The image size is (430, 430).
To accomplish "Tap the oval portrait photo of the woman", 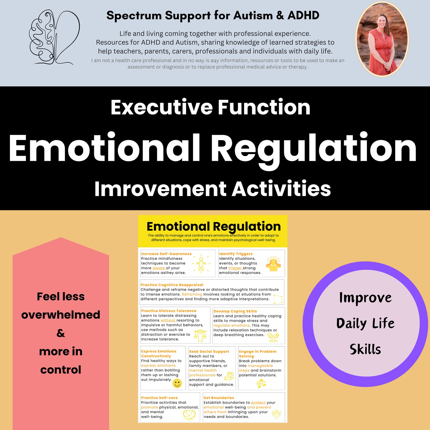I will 382,39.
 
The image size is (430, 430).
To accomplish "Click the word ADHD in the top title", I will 303,15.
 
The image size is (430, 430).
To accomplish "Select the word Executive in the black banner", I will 161,107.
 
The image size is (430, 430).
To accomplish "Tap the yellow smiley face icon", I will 177,383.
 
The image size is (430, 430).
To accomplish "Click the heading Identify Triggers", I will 236,254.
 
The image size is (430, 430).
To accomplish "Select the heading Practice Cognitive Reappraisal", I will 172,285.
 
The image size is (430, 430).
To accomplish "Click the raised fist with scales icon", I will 200,335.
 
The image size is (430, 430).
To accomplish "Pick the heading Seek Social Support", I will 209,351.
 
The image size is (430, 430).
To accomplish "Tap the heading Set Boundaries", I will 219,398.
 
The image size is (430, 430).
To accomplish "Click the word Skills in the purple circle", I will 365,349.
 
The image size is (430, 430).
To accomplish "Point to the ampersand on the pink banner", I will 61,333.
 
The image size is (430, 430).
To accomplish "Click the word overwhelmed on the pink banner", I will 61,315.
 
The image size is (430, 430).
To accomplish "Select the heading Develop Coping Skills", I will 235,311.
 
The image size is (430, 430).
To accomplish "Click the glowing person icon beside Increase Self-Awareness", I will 201,263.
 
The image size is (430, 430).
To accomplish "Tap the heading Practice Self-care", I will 159,398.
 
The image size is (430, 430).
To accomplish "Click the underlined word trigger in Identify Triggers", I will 234,268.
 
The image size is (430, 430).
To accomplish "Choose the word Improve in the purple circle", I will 365,298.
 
